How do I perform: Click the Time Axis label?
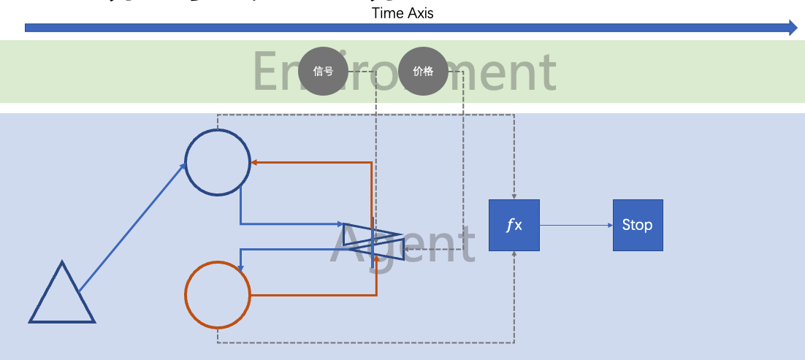point(402,13)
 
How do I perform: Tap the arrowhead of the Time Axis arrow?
point(793,28)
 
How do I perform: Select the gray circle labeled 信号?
point(323,72)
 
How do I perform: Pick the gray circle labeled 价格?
point(423,72)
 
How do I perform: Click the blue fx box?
point(514,225)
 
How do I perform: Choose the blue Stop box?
point(638,225)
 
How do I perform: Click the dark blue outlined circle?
point(218,163)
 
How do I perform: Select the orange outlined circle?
point(218,294)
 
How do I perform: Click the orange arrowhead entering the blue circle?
point(255,163)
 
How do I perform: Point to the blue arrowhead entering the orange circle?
point(242,268)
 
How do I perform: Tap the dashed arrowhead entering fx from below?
point(514,255)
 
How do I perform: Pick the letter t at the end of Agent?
point(462,245)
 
